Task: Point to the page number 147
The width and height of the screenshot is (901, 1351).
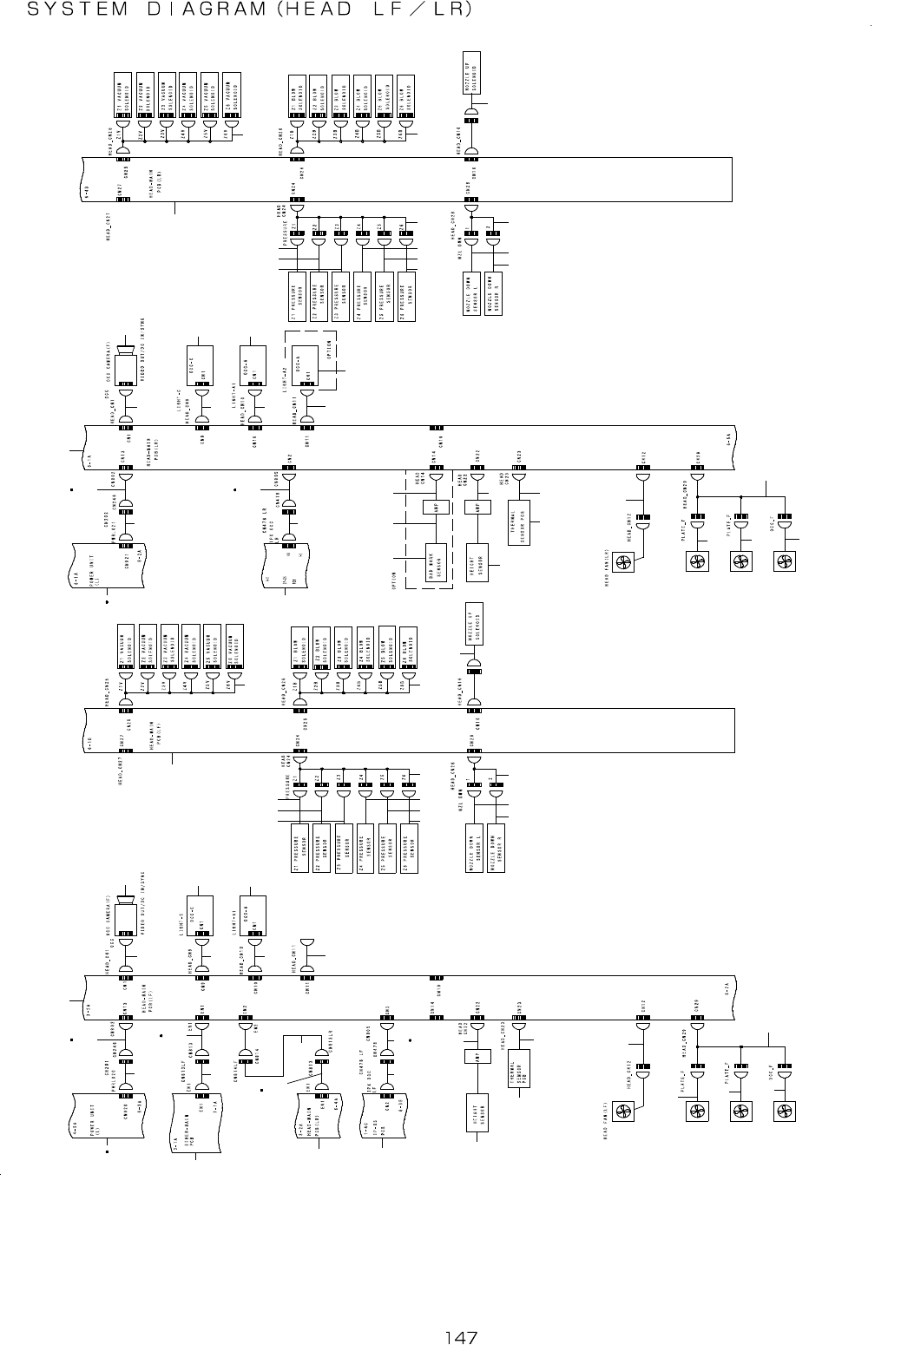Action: point(460,1337)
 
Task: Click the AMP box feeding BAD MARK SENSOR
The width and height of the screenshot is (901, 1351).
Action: point(431,508)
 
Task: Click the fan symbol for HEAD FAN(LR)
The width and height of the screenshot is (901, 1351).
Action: point(624,564)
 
